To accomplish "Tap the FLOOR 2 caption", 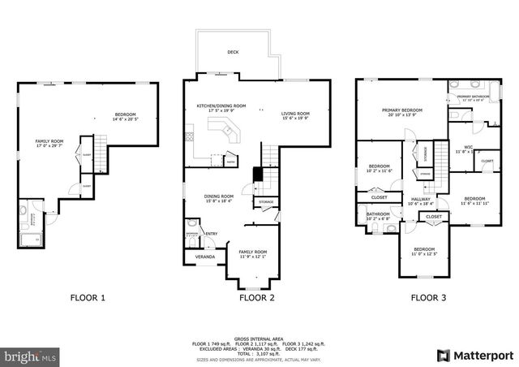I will pyautogui.click(x=257, y=298).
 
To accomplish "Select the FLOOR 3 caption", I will pyautogui.click(x=428, y=298).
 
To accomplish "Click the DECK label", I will pyautogui.click(x=233, y=51).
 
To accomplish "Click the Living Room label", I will pyautogui.click(x=295, y=115).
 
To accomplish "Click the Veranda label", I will pyautogui.click(x=205, y=257).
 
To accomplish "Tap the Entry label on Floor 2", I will pyautogui.click(x=212, y=235).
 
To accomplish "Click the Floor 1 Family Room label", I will pyautogui.click(x=48, y=144).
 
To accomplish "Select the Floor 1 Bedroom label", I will pyautogui.click(x=125, y=116).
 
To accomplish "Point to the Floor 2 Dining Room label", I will pyautogui.click(x=218, y=197).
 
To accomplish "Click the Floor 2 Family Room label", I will pyautogui.click(x=252, y=254).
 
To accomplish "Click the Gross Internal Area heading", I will pyautogui.click(x=257, y=337).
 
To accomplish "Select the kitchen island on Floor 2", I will pyautogui.click(x=221, y=130).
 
